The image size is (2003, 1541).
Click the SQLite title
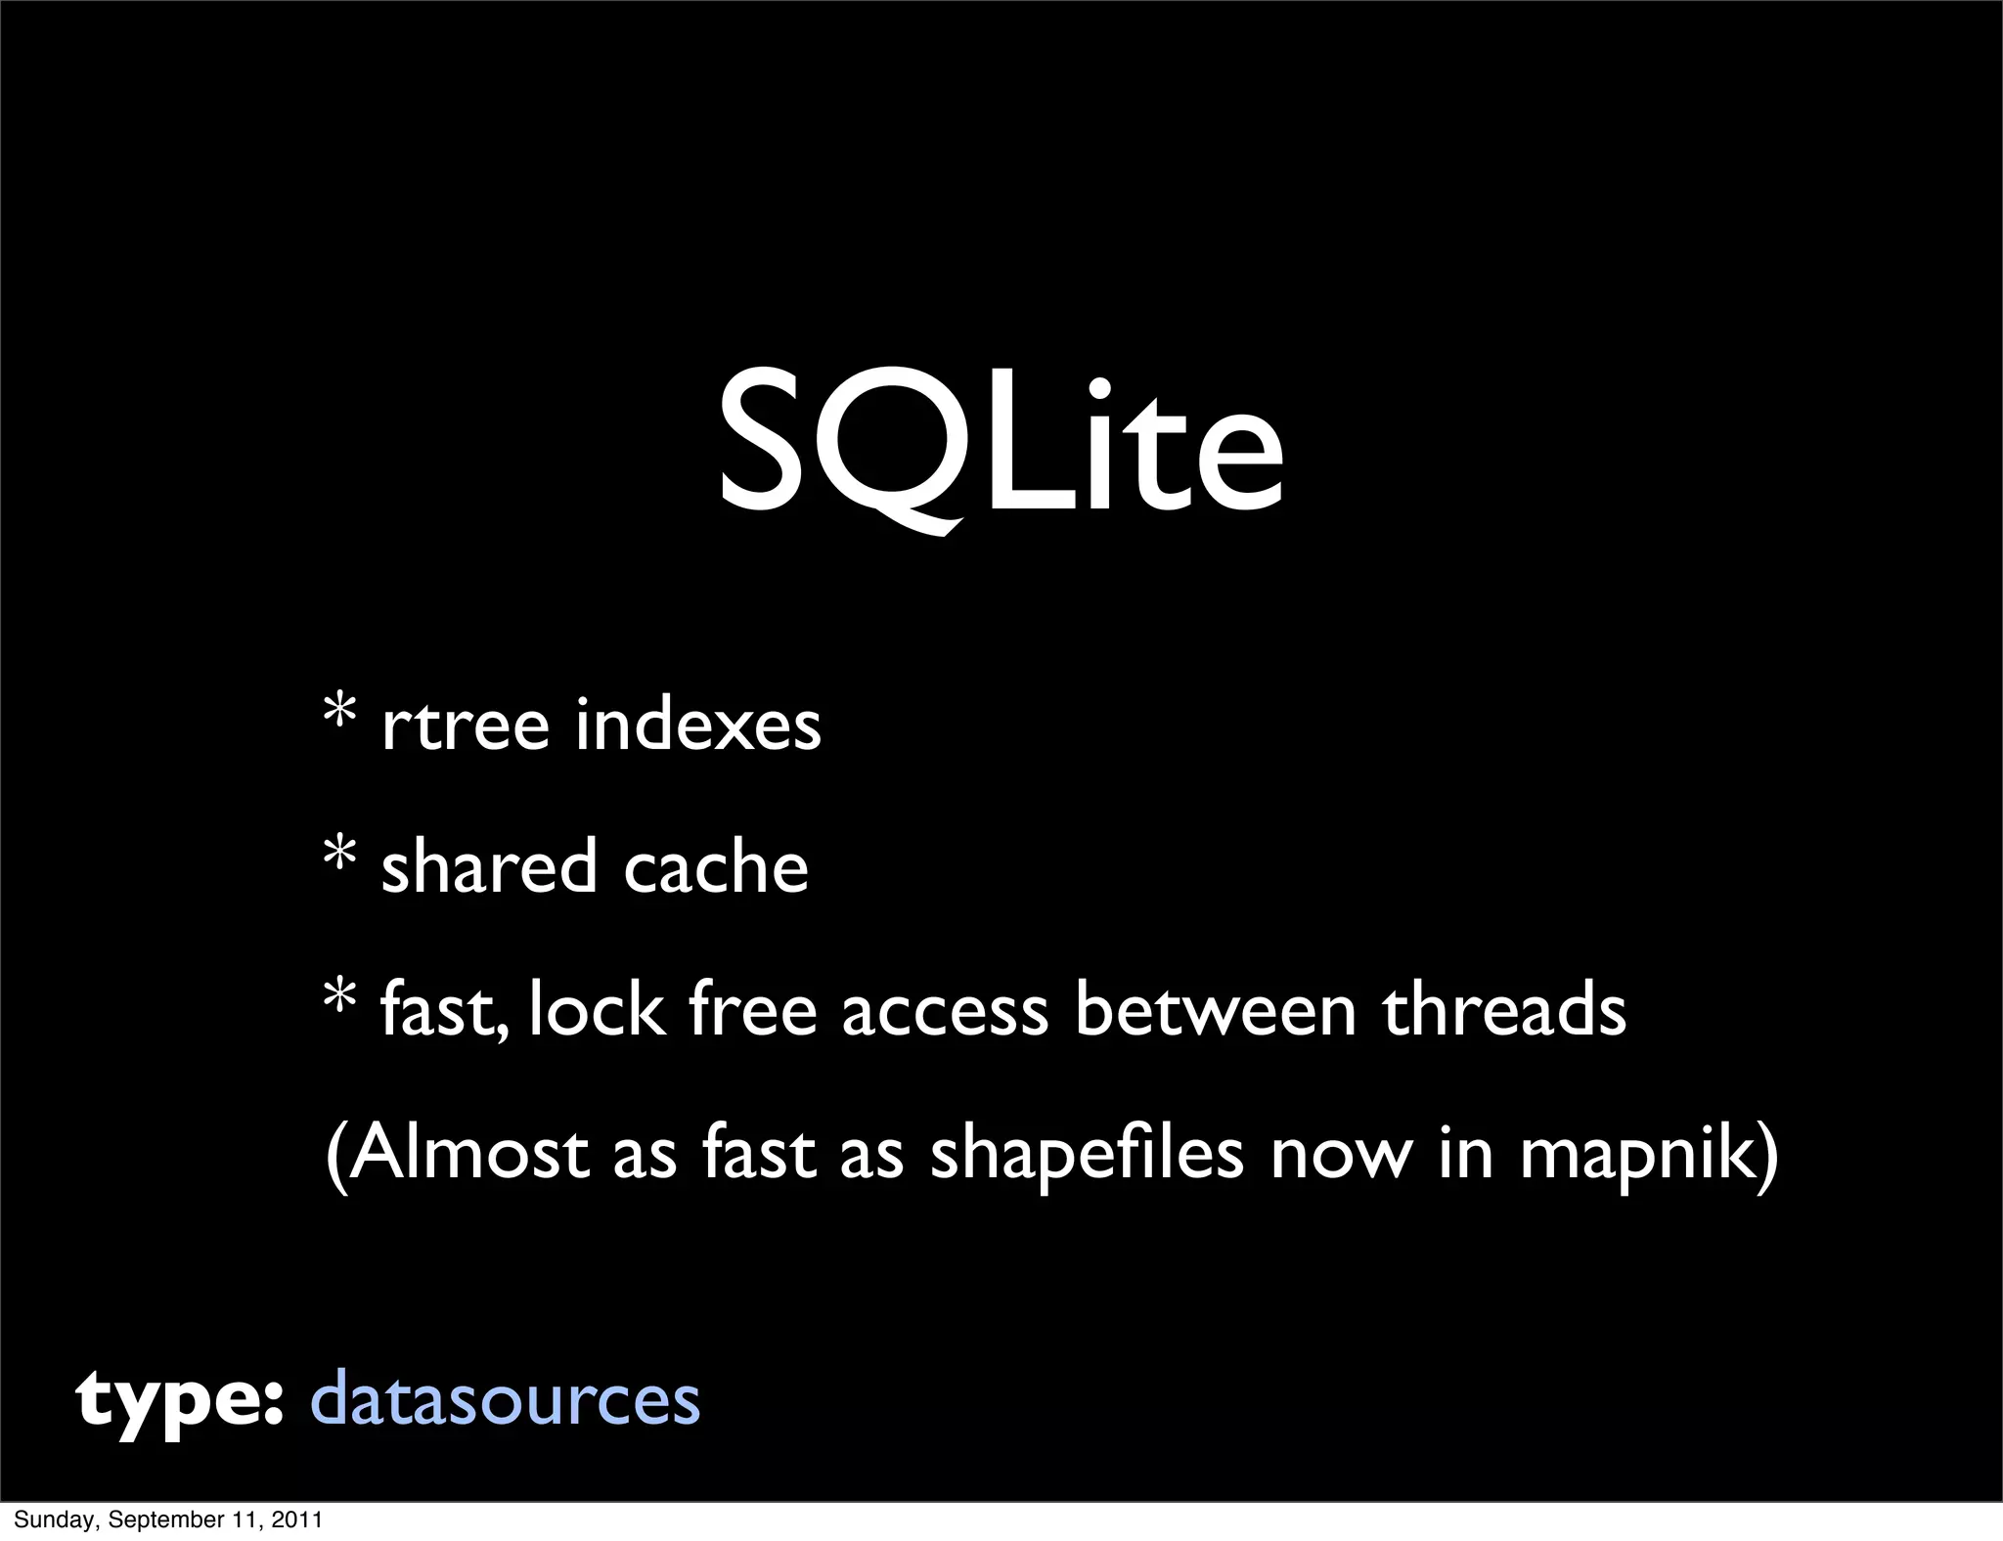(x=1000, y=445)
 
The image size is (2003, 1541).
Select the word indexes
(x=698, y=725)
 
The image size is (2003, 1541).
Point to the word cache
(x=715, y=867)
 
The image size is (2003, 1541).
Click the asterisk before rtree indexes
(x=339, y=714)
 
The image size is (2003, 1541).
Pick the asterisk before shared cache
(x=339, y=856)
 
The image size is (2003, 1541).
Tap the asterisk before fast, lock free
(x=339, y=998)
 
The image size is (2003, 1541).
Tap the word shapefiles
(x=1086, y=1154)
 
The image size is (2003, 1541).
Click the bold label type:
(x=180, y=1400)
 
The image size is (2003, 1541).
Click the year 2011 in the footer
(x=295, y=1520)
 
